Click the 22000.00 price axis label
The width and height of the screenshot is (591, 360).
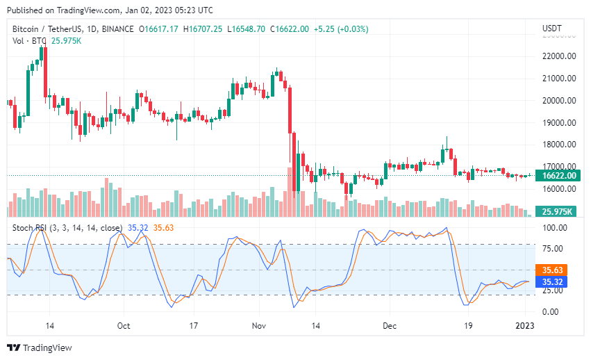coord(560,56)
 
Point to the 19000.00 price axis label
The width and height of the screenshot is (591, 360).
coord(560,122)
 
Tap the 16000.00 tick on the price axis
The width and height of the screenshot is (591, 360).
coord(560,189)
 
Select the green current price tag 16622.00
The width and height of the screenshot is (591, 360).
coord(560,175)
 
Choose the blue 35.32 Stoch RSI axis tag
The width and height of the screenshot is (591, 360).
coord(553,281)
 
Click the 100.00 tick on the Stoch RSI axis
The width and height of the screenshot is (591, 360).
coord(555,228)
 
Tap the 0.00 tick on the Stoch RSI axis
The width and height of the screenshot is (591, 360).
coord(550,311)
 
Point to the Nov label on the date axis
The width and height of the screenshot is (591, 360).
coord(259,325)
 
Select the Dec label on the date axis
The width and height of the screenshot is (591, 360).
coord(390,325)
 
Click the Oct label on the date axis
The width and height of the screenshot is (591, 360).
coord(124,325)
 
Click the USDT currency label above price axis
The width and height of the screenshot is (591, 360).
coord(551,28)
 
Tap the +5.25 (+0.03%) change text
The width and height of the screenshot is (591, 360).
coord(341,29)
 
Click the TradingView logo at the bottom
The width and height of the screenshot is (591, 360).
coord(40,347)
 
